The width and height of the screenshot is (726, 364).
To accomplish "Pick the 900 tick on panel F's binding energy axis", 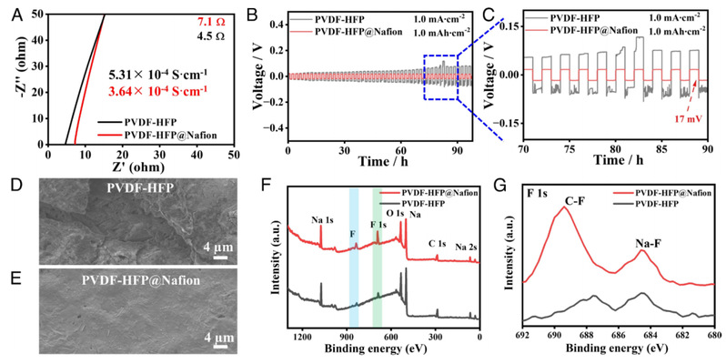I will (x=346, y=337).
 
